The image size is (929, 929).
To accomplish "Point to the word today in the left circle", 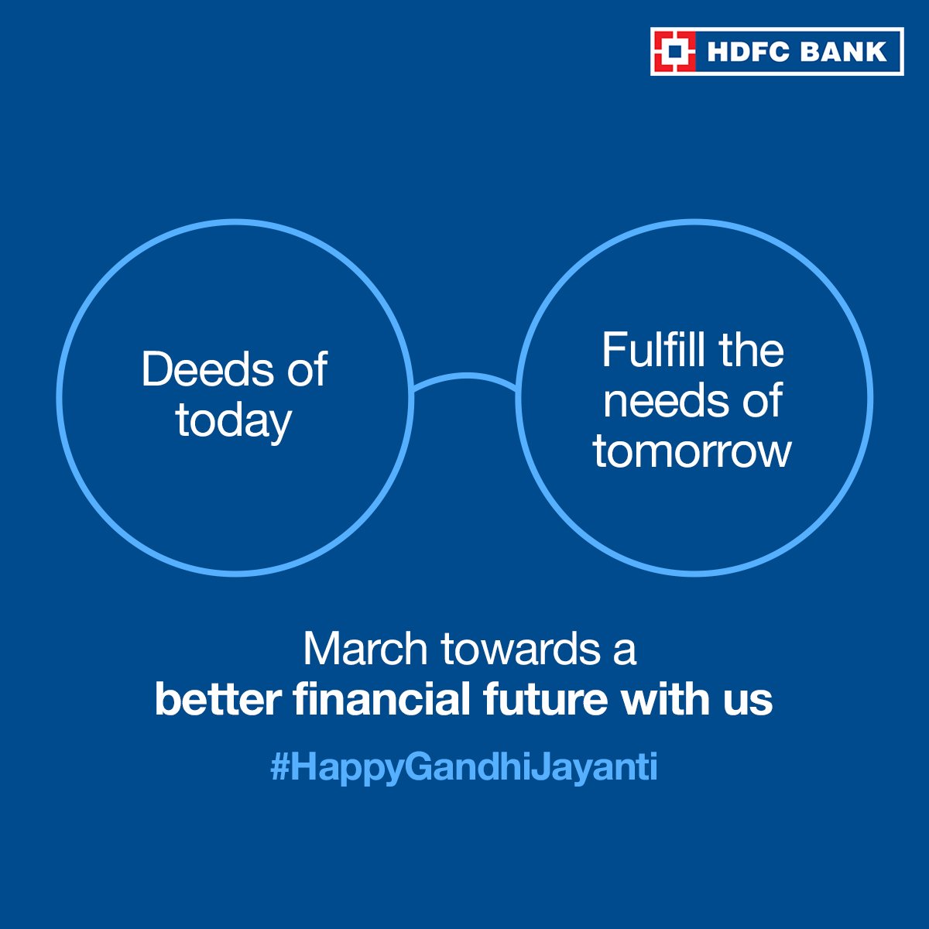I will tap(233, 421).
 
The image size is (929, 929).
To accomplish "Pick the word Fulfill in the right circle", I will tap(653, 350).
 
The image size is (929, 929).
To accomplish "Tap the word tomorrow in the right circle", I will tap(692, 451).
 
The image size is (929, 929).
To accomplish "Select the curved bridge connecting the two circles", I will tap(464, 379).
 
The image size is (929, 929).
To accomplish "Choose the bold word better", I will tap(218, 699).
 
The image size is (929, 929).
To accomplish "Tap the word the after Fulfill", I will tap(750, 350).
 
